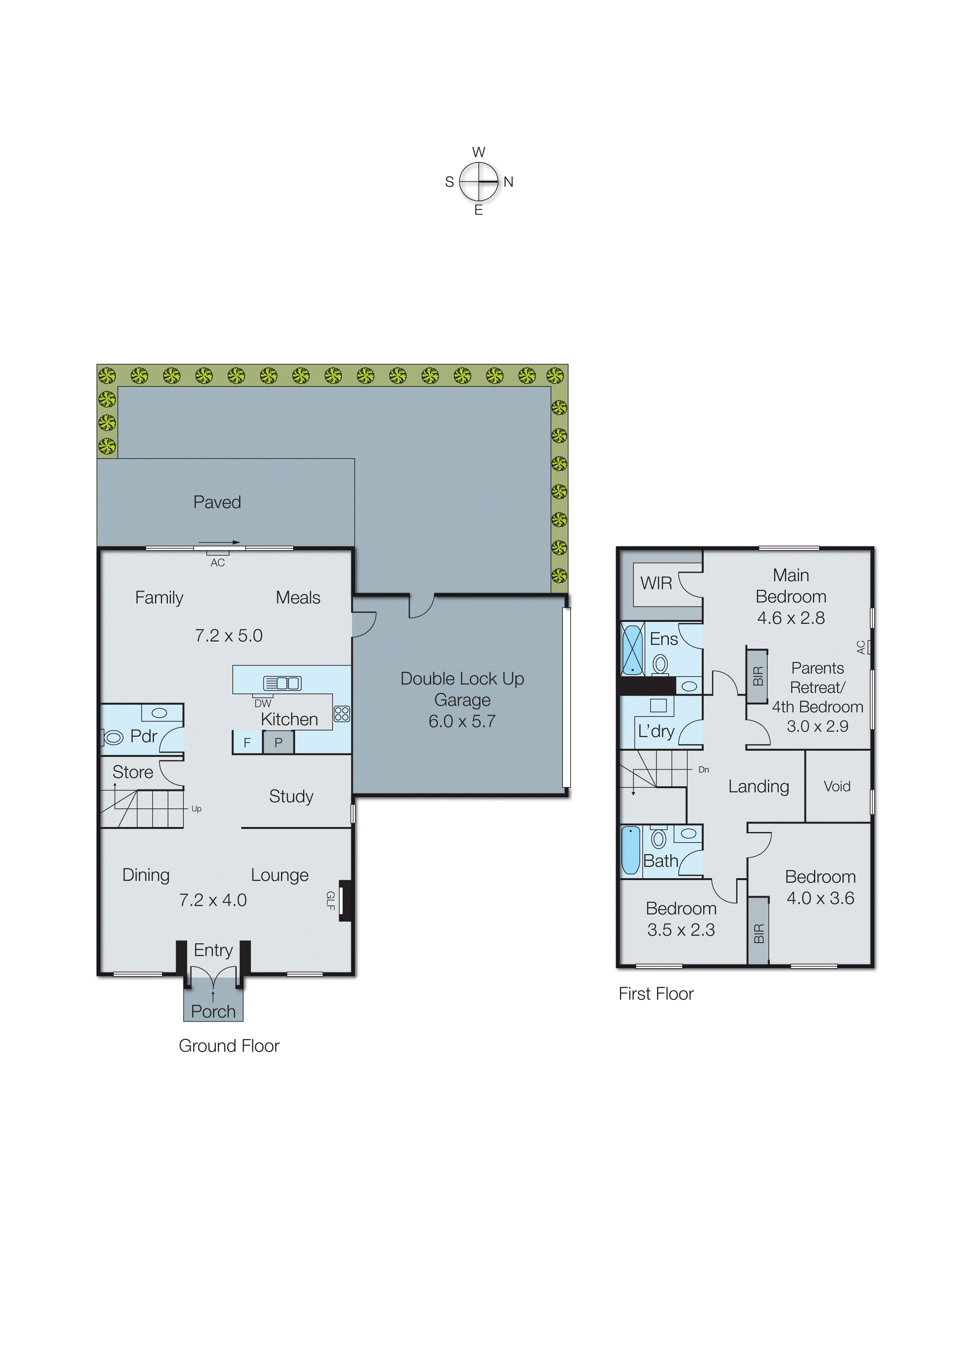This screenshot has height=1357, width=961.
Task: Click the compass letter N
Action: (x=508, y=182)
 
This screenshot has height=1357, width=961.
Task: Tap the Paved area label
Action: (x=217, y=502)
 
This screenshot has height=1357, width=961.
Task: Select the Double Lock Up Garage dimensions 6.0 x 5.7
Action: (x=462, y=722)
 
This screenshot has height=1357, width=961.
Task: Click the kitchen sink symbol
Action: (x=282, y=684)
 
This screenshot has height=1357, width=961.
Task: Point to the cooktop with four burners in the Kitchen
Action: (x=342, y=714)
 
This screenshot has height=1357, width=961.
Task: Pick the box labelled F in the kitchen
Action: (x=247, y=743)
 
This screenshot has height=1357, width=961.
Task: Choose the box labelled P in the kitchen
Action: (x=278, y=743)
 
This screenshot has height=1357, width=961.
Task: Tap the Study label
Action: (x=291, y=797)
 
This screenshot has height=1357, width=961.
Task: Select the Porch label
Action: (x=213, y=1012)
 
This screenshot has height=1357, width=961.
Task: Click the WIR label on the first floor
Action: (x=656, y=584)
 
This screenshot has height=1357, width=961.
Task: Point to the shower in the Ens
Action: (x=633, y=650)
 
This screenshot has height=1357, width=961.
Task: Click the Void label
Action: (x=837, y=787)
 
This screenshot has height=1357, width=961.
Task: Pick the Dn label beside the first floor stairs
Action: (x=704, y=770)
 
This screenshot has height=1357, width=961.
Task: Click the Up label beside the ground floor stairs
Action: (x=197, y=809)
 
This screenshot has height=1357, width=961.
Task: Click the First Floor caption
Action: (x=656, y=994)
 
